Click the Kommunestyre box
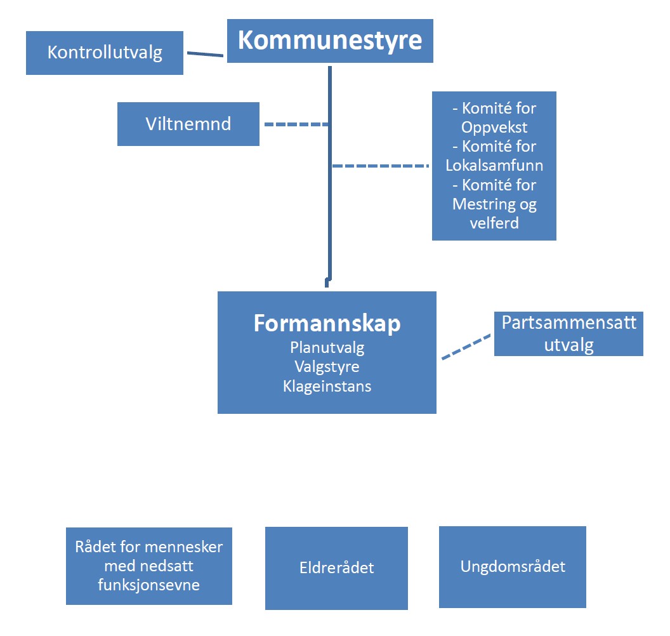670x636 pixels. (330, 41)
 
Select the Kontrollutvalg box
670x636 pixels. (105, 53)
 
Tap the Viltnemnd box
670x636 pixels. (188, 124)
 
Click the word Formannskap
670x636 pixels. (327, 323)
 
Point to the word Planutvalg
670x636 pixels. (327, 347)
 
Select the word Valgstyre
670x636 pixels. (327, 367)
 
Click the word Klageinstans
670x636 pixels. (327, 387)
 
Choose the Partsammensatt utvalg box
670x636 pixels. (568, 334)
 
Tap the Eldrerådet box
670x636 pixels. (336, 568)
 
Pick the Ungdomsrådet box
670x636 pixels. (512, 567)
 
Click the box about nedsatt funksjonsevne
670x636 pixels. (149, 566)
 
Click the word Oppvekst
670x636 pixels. (494, 128)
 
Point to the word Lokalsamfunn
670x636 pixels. (494, 166)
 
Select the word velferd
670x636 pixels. (494, 223)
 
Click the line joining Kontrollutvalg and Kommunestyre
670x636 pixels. (205, 55)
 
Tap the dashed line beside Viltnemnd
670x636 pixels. (296, 124)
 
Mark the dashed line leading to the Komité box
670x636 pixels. (381, 166)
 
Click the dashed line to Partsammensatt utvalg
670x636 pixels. (466, 347)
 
